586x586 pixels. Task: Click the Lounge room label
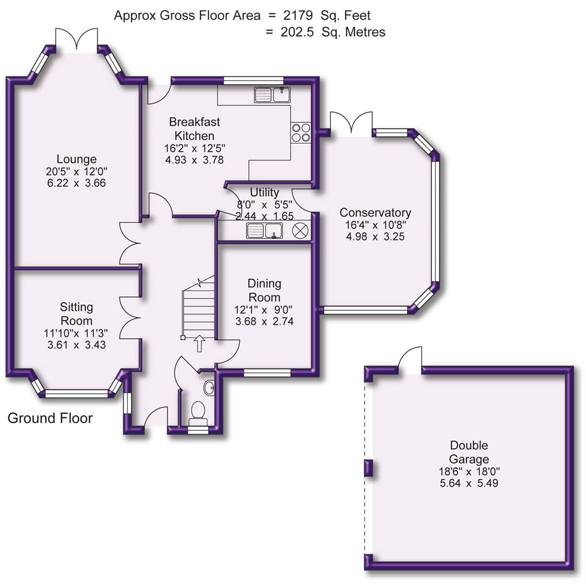77,159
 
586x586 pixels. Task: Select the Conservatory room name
375,213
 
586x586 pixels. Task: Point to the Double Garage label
469,453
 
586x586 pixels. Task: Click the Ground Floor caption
50,418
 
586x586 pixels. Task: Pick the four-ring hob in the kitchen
301,132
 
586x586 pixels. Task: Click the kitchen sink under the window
272,95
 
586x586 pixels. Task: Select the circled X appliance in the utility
300,231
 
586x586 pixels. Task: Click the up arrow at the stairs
199,343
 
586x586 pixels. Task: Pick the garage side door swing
410,359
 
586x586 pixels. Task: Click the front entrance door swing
155,418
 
